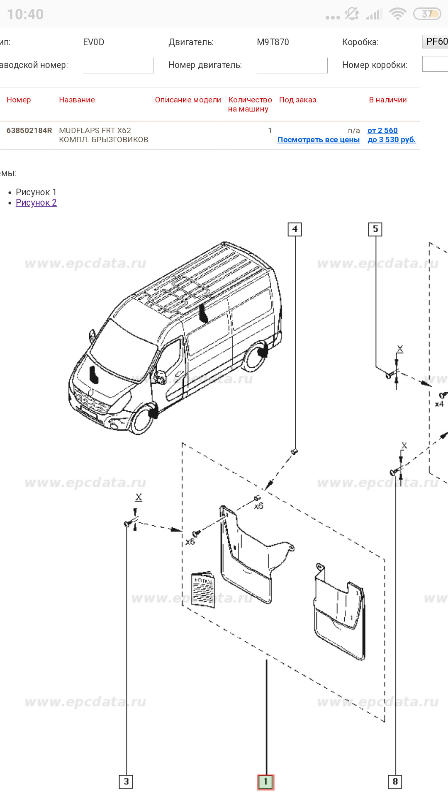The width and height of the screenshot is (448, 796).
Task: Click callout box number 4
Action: click(x=295, y=229)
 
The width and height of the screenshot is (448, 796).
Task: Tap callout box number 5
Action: click(x=375, y=229)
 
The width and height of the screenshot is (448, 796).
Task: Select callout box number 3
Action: click(x=126, y=781)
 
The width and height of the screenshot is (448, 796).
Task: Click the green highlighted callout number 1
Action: click(x=265, y=782)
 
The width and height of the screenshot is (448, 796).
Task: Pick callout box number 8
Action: click(x=395, y=781)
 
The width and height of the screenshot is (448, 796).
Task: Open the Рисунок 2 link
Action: click(x=36, y=203)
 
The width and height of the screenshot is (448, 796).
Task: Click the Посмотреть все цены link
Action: click(x=318, y=140)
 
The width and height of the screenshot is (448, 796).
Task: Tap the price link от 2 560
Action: click(x=382, y=131)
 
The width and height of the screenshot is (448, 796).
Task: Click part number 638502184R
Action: click(x=29, y=131)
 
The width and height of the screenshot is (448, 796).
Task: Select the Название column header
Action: click(x=77, y=100)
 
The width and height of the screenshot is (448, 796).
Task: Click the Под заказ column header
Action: click(x=297, y=100)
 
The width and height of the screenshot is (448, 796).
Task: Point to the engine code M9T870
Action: click(x=273, y=42)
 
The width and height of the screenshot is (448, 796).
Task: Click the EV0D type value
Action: click(x=93, y=42)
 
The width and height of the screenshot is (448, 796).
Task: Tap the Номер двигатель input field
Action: click(x=292, y=65)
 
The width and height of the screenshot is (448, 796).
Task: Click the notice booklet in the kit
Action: click(x=203, y=590)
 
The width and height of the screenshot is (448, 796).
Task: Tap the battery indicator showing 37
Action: click(x=427, y=14)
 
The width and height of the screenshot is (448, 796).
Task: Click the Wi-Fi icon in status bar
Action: click(x=397, y=14)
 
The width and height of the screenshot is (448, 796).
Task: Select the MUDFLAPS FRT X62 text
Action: click(x=95, y=131)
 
